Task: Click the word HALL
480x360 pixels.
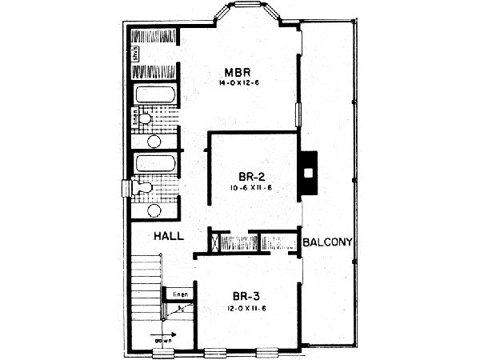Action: (170, 236)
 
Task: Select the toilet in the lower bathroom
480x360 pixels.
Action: (142, 188)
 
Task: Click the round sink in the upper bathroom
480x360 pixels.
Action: (154, 141)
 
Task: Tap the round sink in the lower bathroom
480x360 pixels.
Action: (154, 211)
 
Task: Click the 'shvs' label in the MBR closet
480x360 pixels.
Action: (138, 54)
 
